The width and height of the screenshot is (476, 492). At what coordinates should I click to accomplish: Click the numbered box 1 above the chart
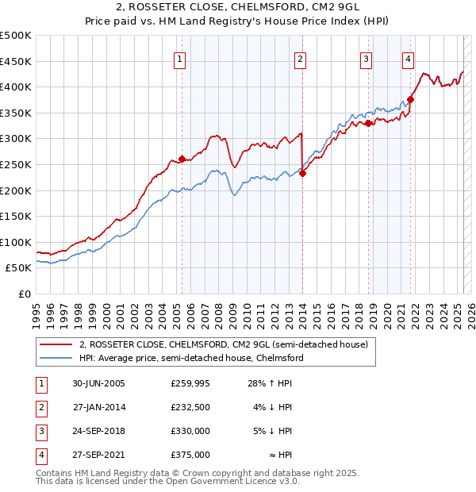179,58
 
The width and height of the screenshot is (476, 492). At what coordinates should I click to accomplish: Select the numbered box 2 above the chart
301,58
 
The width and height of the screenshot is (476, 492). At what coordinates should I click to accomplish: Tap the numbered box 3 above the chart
366,58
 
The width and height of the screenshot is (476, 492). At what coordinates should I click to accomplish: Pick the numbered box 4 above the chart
408,58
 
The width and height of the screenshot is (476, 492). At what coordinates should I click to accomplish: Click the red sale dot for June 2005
182,159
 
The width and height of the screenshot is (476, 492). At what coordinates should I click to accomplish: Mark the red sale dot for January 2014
302,173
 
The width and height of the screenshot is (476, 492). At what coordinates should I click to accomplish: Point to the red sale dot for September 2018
369,123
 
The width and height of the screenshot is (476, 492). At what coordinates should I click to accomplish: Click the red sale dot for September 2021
411,99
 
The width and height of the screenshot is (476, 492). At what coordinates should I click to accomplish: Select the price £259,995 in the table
190,383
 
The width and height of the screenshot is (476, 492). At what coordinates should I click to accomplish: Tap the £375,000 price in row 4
190,455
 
